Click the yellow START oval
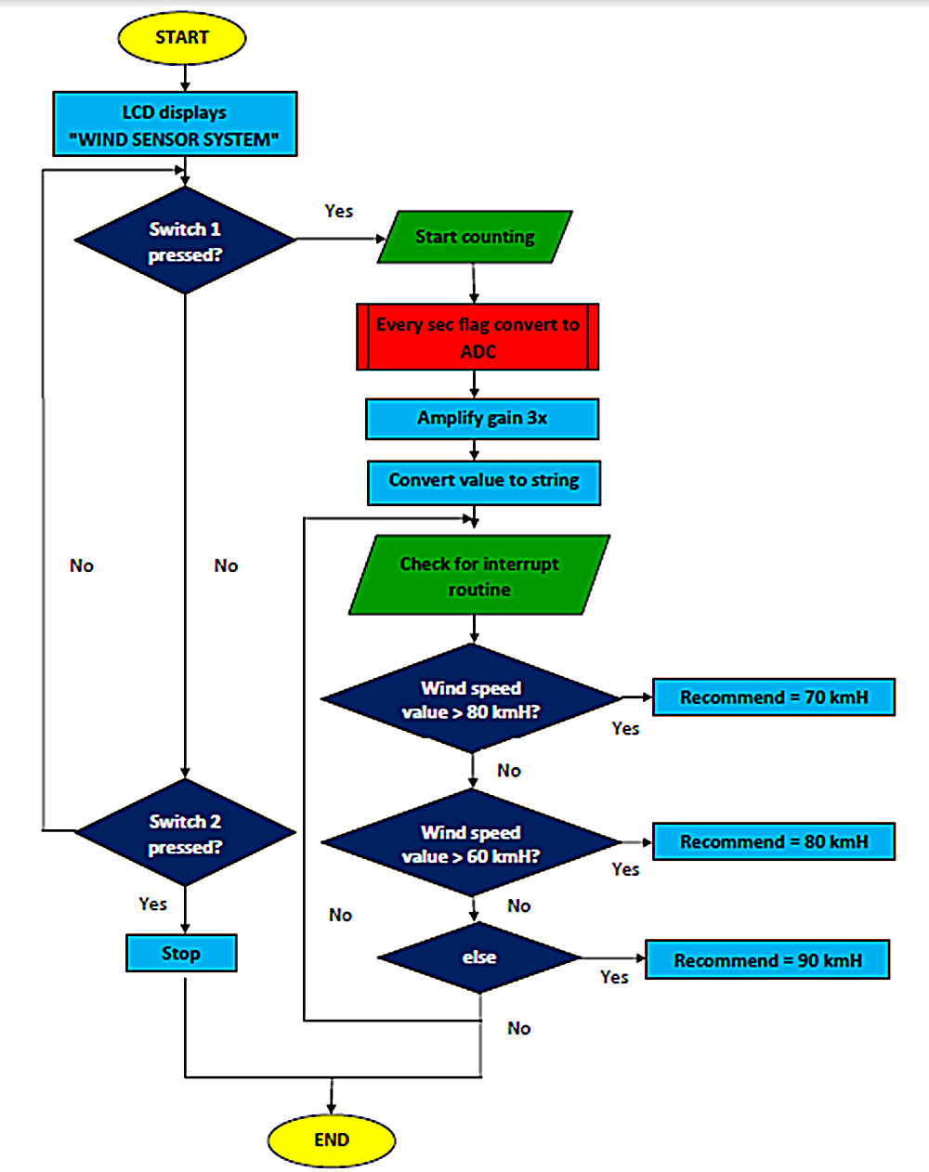pyautogui.click(x=182, y=38)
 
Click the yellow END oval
pyautogui.click(x=332, y=1139)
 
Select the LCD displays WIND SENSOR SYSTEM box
pyautogui.click(x=175, y=124)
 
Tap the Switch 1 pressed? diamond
pyautogui.click(x=185, y=241)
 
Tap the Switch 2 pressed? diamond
pyautogui.click(x=185, y=833)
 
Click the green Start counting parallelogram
pyautogui.click(x=475, y=237)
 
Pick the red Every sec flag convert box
pyautogui.click(x=478, y=337)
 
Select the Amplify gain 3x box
pyautogui.click(x=482, y=419)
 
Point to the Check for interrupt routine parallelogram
pyautogui.click(x=479, y=576)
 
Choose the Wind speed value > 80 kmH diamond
pyautogui.click(x=471, y=699)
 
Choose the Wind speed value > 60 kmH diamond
pyautogui.click(x=471, y=843)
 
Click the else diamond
pyautogui.click(x=479, y=957)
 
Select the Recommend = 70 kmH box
pyautogui.click(x=774, y=697)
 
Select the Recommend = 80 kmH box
pyautogui.click(x=774, y=841)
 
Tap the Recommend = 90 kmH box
pyautogui.click(x=767, y=960)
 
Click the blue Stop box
pyautogui.click(x=181, y=953)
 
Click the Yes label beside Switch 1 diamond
pyautogui.click(x=339, y=211)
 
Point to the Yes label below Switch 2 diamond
pyautogui.click(x=152, y=904)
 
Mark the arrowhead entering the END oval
pyautogui.click(x=332, y=1107)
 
